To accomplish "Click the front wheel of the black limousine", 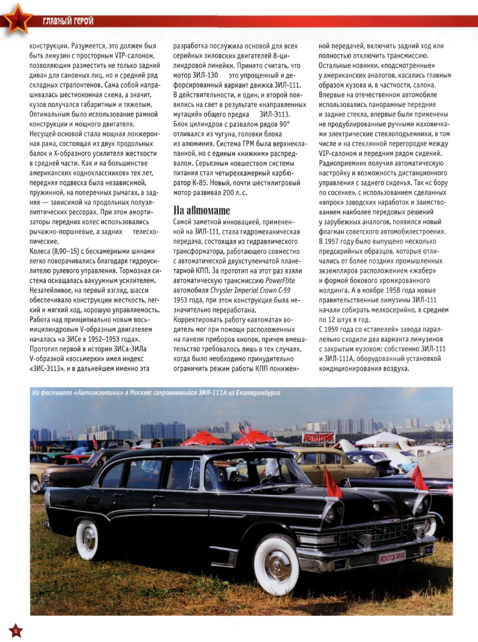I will [276, 563].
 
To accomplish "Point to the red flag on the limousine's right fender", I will [420, 478].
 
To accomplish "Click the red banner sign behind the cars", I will [318, 436].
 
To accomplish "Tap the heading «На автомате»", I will [202, 210].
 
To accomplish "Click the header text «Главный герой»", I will [68, 22].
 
